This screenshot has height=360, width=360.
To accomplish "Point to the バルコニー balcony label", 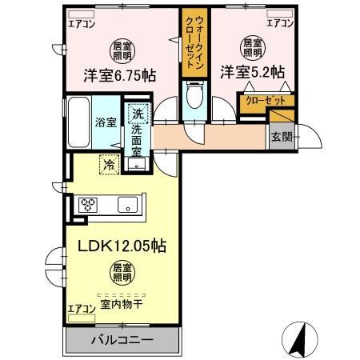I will coord(120,341).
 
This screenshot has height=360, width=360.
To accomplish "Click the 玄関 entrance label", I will coord(280,138).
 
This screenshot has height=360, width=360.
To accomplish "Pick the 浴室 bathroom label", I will coord(106,122).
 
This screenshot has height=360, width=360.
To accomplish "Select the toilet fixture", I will coord(192,99).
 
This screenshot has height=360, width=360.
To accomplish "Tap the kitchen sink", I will coord(128,206).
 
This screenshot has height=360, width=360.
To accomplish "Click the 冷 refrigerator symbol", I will coord(106,165).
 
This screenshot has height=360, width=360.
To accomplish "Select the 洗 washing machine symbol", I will coord(139,116).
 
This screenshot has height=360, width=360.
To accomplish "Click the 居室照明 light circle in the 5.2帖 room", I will coord(251,46).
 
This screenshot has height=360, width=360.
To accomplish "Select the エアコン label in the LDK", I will coord(80,307).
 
